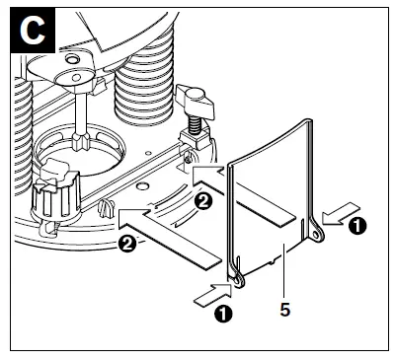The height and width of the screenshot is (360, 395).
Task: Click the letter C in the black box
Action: [x=33, y=31]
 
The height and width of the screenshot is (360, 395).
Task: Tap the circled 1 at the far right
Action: [x=357, y=226]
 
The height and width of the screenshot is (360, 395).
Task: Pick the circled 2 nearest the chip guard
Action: [x=203, y=201]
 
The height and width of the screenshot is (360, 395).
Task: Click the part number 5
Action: [x=284, y=308]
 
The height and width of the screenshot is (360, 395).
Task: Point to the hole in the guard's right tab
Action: [x=315, y=235]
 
